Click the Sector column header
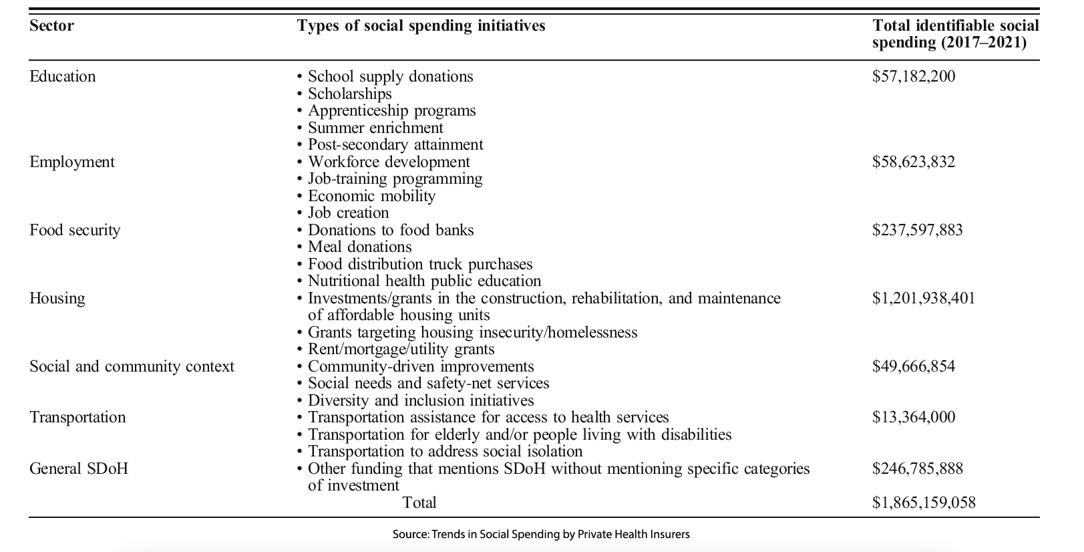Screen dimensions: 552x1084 [51, 26]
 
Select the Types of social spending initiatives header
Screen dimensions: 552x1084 [421, 26]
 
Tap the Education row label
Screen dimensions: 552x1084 [62, 76]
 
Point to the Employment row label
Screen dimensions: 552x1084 [71, 162]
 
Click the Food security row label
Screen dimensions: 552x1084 [75, 230]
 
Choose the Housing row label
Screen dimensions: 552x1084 [57, 298]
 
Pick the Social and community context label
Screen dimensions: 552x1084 [132, 366]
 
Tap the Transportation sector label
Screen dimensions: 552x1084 [77, 417]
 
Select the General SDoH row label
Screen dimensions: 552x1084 [78, 468]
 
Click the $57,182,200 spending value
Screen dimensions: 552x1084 [913, 76]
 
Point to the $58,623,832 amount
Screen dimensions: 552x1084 [913, 162]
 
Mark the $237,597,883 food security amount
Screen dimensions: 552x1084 [917, 230]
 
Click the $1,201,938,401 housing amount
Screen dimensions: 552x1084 [923, 298]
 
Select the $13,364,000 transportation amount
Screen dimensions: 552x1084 [913, 417]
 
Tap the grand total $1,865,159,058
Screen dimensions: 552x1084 [923, 503]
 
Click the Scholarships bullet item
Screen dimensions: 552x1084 [349, 94]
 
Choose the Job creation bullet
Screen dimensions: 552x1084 [348, 213]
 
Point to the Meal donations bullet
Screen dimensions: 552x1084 [359, 247]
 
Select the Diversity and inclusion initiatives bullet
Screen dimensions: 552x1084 [420, 400]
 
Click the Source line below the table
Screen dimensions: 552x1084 [541, 535]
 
